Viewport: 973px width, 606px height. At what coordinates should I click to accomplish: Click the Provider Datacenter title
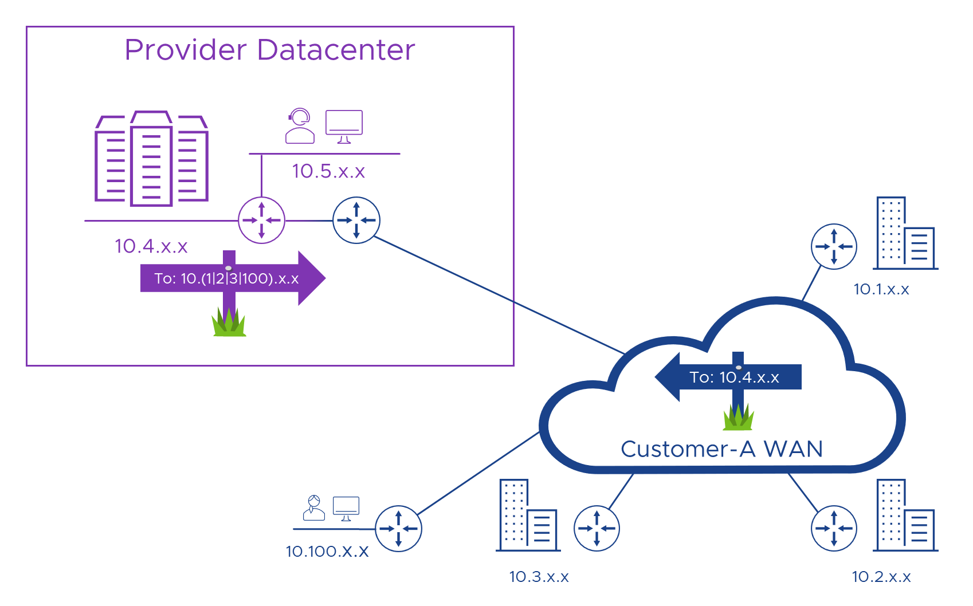269,50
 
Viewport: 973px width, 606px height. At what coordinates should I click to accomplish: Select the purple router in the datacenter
261,221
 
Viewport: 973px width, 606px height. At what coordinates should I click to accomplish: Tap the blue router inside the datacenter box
356,221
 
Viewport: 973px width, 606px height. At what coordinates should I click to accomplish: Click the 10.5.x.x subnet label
328,171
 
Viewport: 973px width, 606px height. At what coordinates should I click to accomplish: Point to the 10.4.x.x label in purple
151,246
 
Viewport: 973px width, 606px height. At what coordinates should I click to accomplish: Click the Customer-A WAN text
721,449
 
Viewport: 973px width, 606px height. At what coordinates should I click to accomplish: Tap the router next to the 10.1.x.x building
834,246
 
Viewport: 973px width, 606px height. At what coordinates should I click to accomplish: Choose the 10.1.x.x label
881,289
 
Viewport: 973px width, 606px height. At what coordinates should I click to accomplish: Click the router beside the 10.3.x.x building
597,528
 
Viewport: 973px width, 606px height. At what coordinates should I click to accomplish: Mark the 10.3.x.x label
539,577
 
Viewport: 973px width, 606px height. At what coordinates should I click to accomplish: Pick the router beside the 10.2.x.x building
834,528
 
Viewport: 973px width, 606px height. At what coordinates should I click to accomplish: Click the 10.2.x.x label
881,577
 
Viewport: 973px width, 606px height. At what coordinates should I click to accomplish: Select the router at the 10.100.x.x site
398,528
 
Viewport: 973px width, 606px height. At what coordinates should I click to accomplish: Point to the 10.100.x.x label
327,552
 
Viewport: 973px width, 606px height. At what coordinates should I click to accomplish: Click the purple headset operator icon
300,126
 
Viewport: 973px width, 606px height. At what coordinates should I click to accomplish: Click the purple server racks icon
151,159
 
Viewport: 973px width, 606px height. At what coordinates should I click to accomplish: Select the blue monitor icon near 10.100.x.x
346,508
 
